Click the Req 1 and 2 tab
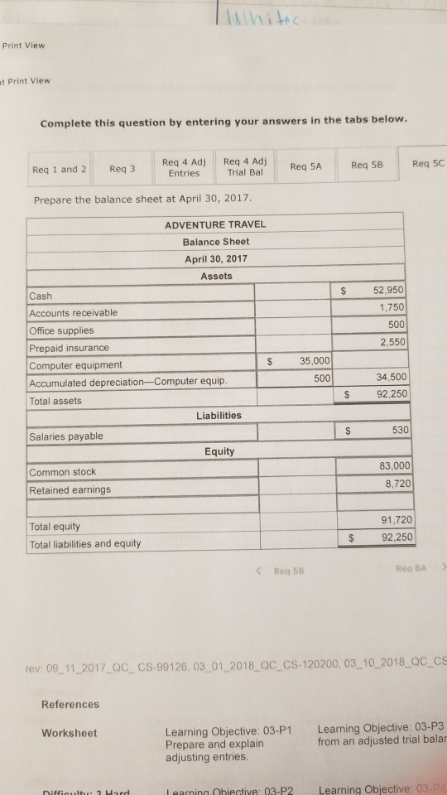pos(59,170)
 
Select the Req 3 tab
pos(121,169)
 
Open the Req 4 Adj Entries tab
pos(183,167)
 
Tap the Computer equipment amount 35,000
pos(315,361)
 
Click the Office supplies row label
pos(61,330)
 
